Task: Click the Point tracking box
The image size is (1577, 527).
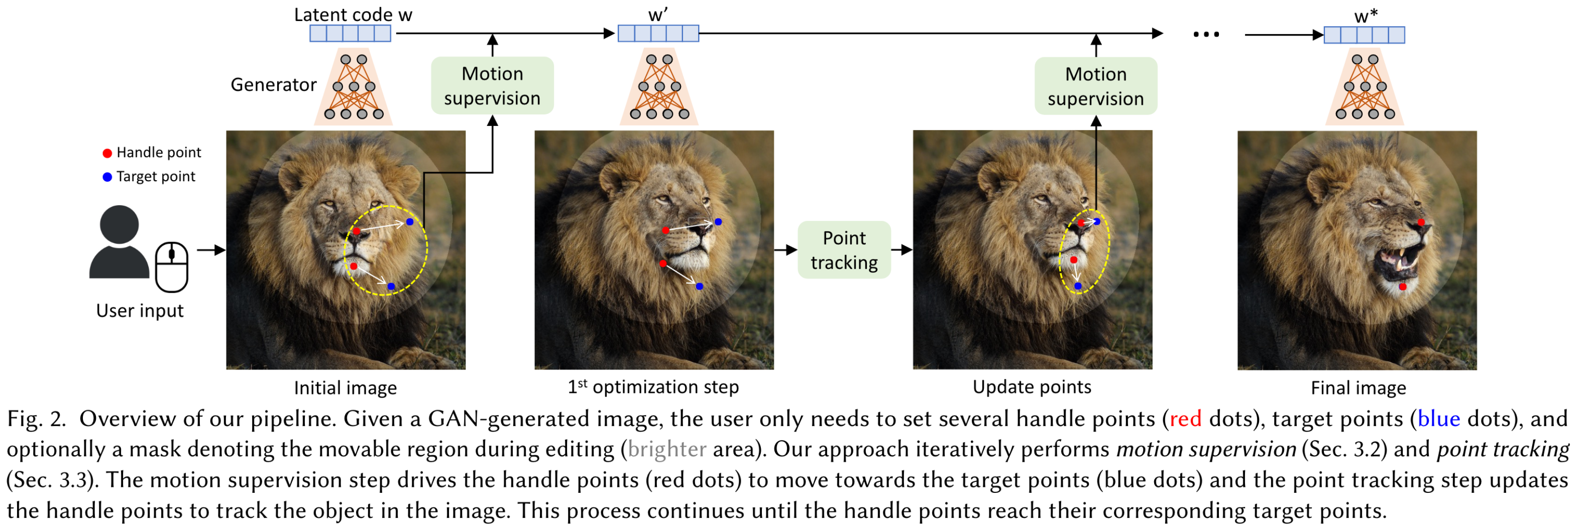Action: tap(844, 250)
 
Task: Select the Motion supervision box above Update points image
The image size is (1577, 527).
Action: tap(1096, 86)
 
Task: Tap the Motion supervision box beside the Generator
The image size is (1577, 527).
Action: tap(492, 86)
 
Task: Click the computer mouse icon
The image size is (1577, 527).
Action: tap(171, 267)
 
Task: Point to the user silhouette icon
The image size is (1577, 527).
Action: tap(120, 242)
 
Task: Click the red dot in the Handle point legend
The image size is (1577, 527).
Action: tap(107, 153)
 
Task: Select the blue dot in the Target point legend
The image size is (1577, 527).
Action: tap(107, 177)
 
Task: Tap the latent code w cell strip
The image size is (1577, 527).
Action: tap(350, 33)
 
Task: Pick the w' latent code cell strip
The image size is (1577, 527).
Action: tap(658, 33)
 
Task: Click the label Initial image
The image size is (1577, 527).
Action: tap(345, 388)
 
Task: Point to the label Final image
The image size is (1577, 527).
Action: tap(1359, 388)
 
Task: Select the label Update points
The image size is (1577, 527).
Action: tap(1032, 387)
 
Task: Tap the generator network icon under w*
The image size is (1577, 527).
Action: tap(1365, 87)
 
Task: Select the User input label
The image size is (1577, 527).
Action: tap(140, 311)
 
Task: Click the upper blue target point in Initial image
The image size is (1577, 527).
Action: tap(409, 221)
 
